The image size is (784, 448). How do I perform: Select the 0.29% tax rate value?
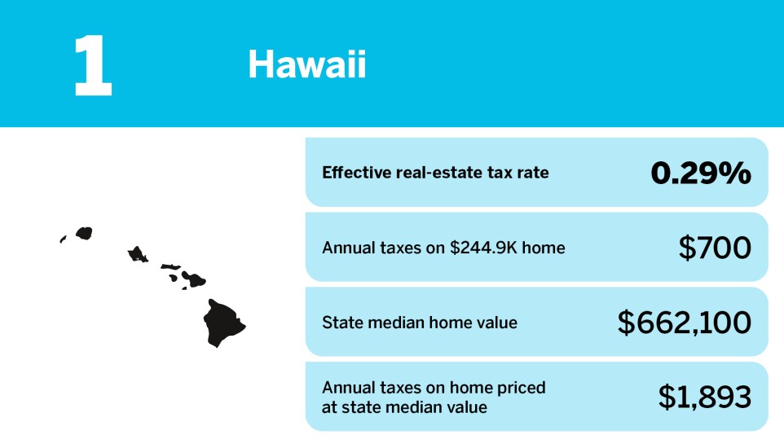coord(700,173)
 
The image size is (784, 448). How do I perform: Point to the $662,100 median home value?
coord(684,323)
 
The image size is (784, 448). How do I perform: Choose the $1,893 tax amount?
coord(704,397)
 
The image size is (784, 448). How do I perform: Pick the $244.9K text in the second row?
coord(484,248)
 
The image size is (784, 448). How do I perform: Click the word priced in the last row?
coord(522,388)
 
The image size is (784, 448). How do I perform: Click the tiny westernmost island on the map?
coord(62,239)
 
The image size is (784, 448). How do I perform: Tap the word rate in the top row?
coord(531,173)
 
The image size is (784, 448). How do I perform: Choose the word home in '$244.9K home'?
coord(543,248)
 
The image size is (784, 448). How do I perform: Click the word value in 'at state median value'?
coord(464,406)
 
